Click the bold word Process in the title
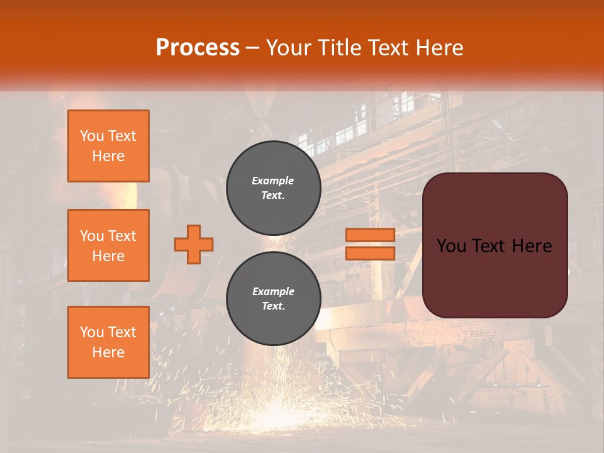click(198, 48)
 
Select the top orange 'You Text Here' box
click(108, 146)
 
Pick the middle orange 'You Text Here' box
click(108, 245)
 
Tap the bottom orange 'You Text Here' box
click(108, 342)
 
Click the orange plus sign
click(194, 244)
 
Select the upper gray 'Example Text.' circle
click(273, 187)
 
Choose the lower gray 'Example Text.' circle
click(273, 299)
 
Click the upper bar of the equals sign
click(370, 235)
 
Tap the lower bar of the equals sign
click(370, 253)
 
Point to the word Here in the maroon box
click(532, 246)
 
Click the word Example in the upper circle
click(273, 181)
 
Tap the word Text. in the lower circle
click(273, 306)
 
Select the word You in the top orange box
click(92, 136)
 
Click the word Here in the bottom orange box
click(108, 352)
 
